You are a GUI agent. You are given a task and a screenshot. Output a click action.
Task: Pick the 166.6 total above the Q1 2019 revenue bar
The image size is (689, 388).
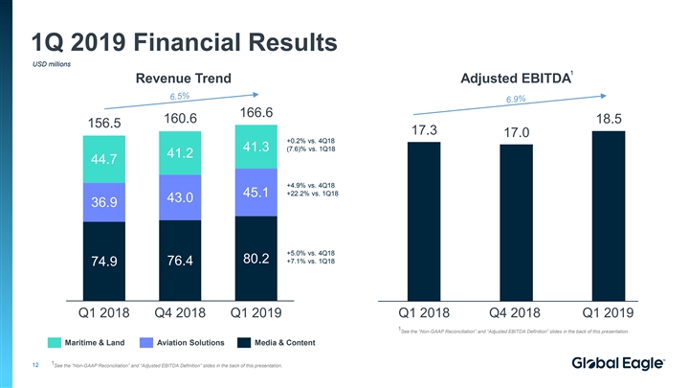(256, 112)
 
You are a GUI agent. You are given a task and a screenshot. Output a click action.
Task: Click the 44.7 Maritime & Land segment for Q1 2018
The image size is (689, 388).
(102, 158)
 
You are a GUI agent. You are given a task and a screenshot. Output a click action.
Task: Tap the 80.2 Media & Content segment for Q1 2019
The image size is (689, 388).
(256, 259)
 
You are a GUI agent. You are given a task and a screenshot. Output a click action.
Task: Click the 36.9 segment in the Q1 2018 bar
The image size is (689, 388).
(102, 202)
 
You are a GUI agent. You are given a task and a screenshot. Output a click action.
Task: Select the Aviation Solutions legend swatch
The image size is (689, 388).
(146, 342)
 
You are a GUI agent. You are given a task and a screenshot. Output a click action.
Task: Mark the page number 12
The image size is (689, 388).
(34, 364)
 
